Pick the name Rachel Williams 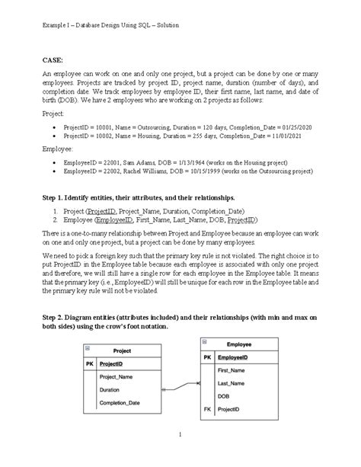154,174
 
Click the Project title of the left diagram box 121,350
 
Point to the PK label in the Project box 90,364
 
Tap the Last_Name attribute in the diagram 232,382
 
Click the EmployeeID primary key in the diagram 237,357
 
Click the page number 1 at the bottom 180,435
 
